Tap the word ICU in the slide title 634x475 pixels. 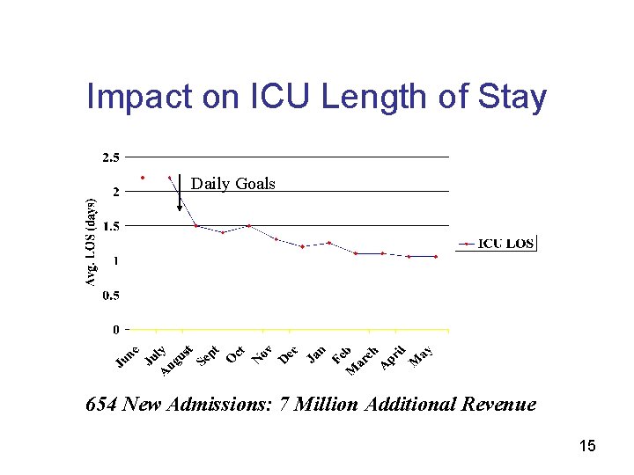coord(282,98)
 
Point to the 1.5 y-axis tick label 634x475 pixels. coord(111,226)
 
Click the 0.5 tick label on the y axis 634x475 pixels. coord(111,296)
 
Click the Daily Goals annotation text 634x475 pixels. coord(233,184)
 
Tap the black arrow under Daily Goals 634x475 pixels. coord(180,194)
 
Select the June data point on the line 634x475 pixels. coord(143,177)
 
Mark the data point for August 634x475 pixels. coord(195,226)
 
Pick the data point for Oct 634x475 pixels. coord(249,226)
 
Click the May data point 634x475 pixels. coord(436,256)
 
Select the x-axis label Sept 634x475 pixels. coord(208,354)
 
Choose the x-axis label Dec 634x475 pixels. coord(288,354)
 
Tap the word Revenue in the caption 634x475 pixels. coord(498,405)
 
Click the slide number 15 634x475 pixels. coord(587,447)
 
